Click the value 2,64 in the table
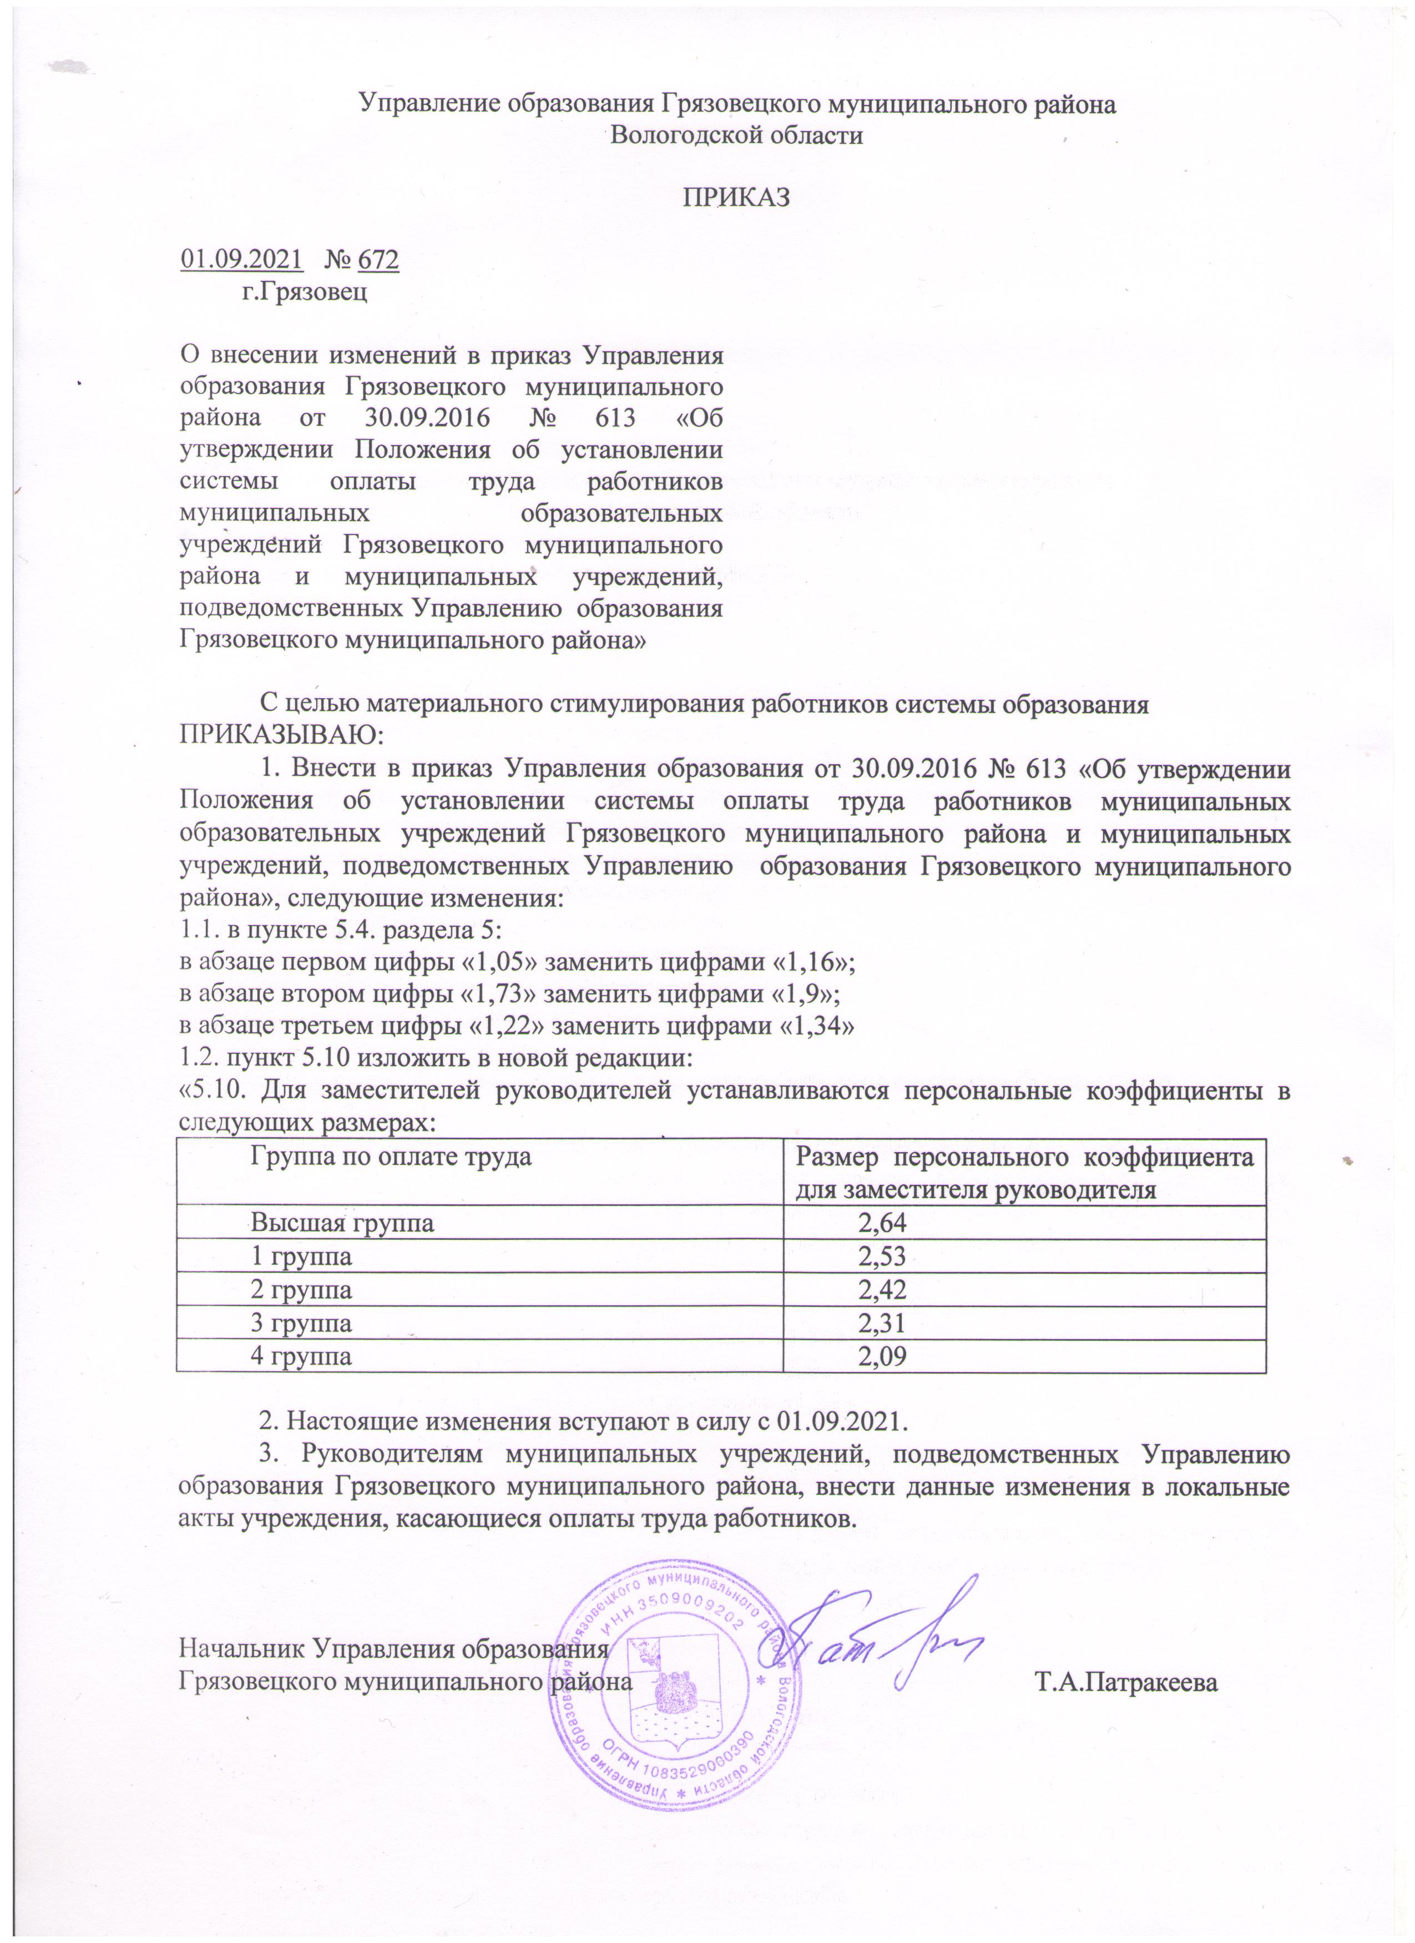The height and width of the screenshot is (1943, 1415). [882, 1223]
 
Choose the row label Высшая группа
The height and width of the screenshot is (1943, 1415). [342, 1223]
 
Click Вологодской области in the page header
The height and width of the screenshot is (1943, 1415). [735, 135]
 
